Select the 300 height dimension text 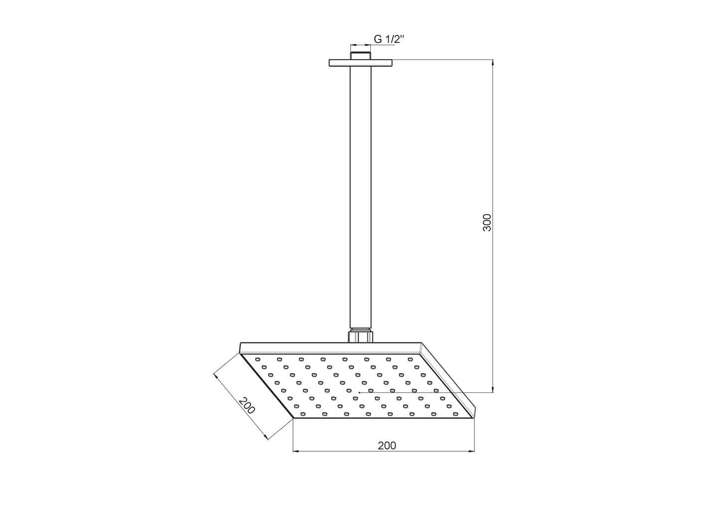point(487,222)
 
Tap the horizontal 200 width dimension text point(387,445)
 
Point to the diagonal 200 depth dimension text point(246,405)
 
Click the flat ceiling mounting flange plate point(360,63)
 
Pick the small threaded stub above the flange point(360,55)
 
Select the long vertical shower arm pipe point(360,199)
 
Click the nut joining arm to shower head point(360,336)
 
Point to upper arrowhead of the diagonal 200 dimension point(216,377)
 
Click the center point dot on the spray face point(359,392)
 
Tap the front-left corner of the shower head point(293,419)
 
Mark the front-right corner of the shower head point(474,418)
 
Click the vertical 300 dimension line point(493,299)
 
